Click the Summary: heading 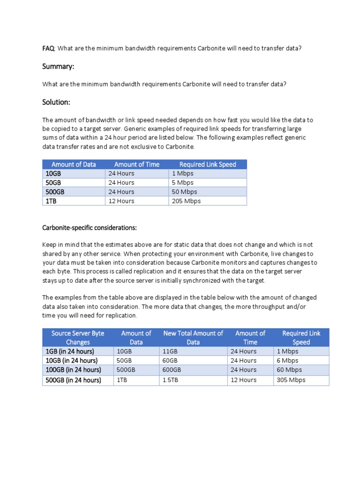tap(58, 67)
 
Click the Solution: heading tap(56, 102)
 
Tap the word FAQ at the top tap(48, 48)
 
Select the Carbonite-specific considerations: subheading tap(90, 228)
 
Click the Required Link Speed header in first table tap(208, 164)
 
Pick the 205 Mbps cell tap(187, 201)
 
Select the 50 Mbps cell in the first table tap(185, 192)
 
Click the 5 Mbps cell tap(183, 182)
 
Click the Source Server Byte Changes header tap(78, 337)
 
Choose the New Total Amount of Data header tap(193, 337)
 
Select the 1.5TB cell tap(171, 380)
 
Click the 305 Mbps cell tap(291, 380)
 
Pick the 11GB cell tap(170, 351)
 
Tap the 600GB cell tap(172, 370)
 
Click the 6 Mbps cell tap(287, 360)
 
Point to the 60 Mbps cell tap(289, 370)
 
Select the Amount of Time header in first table tap(137, 164)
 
